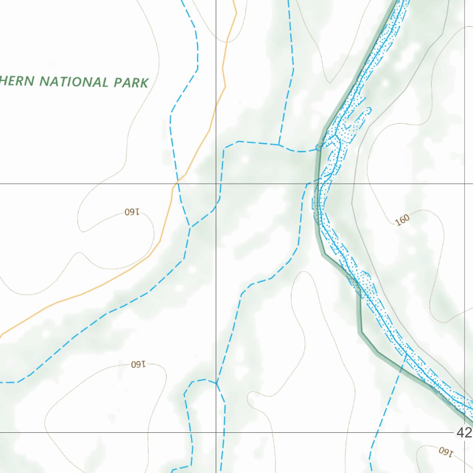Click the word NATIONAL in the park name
coord(73,82)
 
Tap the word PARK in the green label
coord(132,83)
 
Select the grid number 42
coord(464,433)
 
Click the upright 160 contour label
coord(403,220)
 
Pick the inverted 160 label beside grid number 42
coord(444,451)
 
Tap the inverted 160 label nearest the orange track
coord(132,212)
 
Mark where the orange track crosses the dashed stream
coord(178,182)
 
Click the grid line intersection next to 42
coord(465,433)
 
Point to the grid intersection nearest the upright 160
coord(465,184)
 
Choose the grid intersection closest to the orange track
coord(216,184)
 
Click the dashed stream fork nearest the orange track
coord(190,227)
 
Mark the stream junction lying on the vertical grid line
coord(216,383)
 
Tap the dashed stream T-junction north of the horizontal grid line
coord(279,145)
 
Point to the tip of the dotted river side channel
coord(370,109)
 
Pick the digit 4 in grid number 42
coord(460,433)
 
